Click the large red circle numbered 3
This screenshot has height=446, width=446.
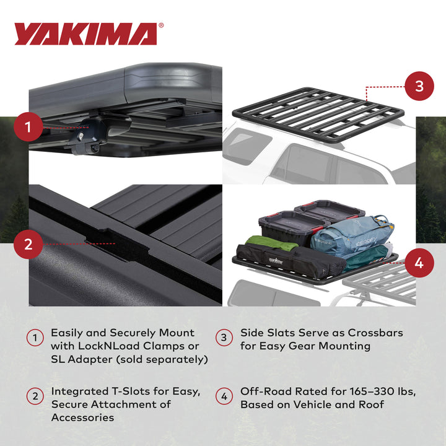[419, 86]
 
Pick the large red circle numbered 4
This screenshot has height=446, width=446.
[419, 262]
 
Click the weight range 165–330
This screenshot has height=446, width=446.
[379, 391]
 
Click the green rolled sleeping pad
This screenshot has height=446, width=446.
[272, 243]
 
